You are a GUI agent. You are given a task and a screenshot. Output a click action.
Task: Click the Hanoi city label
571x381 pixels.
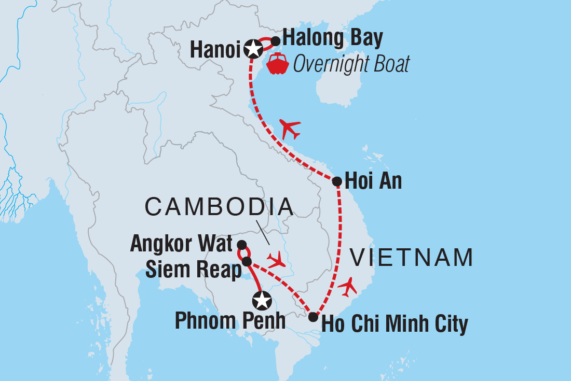(215, 49)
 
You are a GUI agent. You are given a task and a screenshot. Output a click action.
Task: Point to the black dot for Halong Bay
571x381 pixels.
(276, 41)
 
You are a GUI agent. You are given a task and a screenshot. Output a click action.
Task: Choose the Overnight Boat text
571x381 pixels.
(351, 64)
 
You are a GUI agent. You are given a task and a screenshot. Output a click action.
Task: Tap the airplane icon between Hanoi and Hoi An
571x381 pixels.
(290, 128)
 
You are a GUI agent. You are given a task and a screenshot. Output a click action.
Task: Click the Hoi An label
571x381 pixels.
(373, 182)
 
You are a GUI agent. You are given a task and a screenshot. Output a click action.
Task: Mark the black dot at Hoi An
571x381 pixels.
(336, 181)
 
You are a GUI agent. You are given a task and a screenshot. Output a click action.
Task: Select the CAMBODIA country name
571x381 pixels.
(219, 207)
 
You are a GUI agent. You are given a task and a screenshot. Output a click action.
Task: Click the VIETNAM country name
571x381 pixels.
(412, 258)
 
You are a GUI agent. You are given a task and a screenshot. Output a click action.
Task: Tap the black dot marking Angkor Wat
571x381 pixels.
(241, 244)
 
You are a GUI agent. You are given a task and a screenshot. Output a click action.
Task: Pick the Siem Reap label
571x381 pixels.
(194, 269)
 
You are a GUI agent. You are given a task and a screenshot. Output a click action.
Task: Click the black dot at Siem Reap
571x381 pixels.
(247, 261)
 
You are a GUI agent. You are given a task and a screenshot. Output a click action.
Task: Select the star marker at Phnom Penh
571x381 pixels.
(262, 300)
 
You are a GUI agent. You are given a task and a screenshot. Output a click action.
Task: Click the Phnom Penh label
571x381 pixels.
(230, 321)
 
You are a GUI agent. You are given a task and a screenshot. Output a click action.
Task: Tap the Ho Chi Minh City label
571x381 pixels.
(395, 324)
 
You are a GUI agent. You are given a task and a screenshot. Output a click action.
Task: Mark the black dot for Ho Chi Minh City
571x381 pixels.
(313, 317)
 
